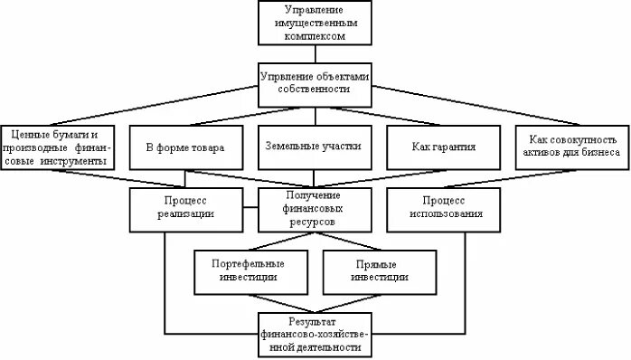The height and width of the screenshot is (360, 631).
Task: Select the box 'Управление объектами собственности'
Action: coord(315,84)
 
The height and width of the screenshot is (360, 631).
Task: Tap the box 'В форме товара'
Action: coord(184,147)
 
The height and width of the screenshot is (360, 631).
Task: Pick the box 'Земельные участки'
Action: coord(315,147)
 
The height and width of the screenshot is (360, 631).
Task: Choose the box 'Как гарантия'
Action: coord(443,147)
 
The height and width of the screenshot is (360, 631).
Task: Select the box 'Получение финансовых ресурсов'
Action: coord(315,208)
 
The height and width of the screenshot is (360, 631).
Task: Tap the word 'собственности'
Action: coord(315,91)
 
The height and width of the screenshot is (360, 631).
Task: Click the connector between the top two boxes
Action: coord(315,54)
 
